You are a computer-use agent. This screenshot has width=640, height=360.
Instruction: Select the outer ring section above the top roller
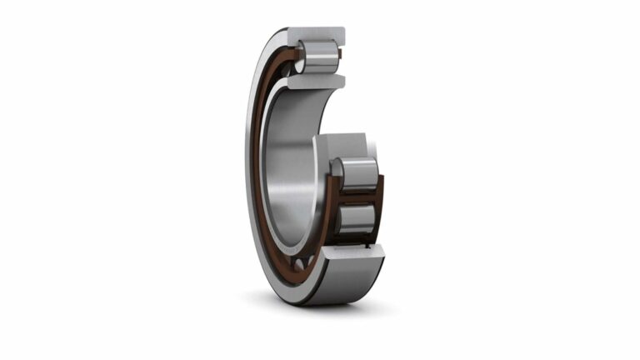(x=321, y=34)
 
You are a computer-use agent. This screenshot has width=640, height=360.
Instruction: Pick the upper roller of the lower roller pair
(x=357, y=176)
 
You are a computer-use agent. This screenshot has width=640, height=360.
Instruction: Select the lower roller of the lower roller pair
(x=357, y=220)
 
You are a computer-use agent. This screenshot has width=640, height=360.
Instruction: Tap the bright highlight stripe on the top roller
(x=321, y=51)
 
